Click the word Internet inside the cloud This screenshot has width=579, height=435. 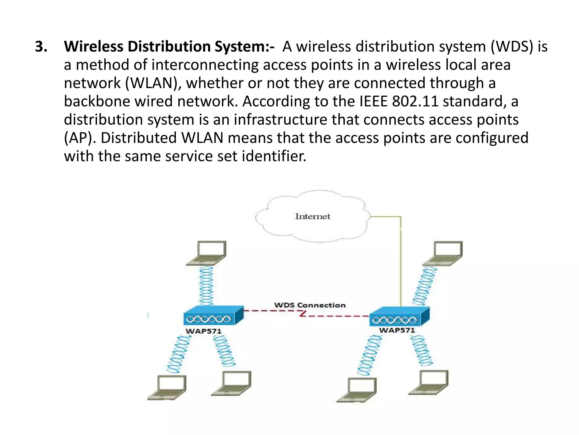click(312, 216)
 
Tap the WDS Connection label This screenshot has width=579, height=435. click(310, 305)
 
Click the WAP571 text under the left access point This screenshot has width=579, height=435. click(203, 331)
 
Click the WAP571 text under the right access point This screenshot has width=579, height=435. click(397, 330)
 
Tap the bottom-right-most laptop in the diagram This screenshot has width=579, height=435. click(430, 382)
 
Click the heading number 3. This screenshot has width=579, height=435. click(41, 46)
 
